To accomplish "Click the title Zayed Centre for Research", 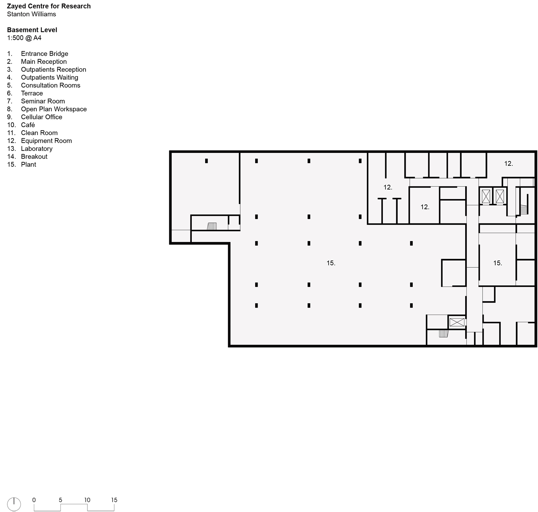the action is (49, 6).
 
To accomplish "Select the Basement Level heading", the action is (32, 30).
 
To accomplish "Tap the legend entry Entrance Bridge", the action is (44, 54).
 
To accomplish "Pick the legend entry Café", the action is (28, 125).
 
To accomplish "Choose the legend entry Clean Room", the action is (39, 133).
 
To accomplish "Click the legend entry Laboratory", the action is (37, 149).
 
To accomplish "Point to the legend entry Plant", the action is (28, 165).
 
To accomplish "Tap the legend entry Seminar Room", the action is (43, 101).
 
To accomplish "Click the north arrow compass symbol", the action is (14, 504).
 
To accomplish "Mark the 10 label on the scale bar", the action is (87, 500).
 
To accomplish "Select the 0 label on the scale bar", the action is (34, 500).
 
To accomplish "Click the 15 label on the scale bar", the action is (114, 500).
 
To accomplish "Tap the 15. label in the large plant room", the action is (331, 263).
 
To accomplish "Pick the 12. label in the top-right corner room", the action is (508, 164).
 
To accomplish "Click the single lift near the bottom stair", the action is (457, 322).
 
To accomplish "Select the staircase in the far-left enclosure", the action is (212, 226).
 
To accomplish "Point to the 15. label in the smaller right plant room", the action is (497, 263).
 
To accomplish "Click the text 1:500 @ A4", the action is (24, 38).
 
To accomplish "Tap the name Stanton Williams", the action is (31, 14).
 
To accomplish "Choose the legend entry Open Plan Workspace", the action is (54, 109).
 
